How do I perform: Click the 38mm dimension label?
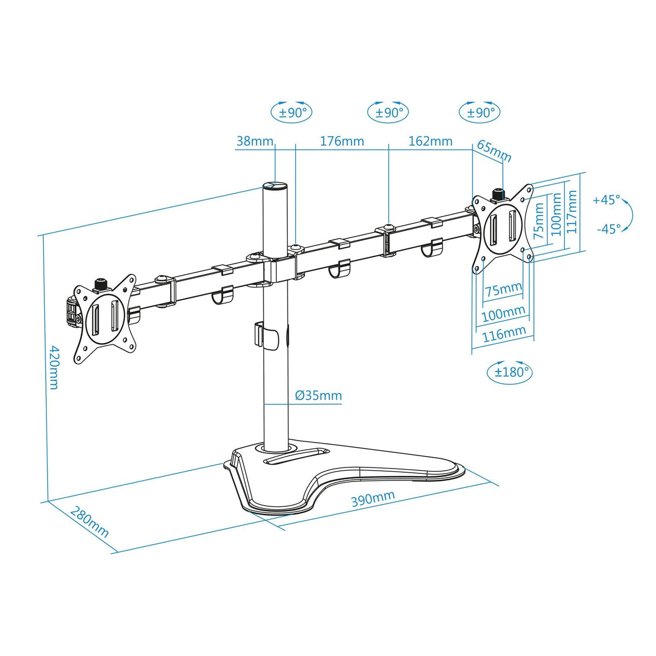[x=255, y=142]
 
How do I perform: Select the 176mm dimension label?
[x=342, y=142]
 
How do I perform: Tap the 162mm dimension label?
[x=430, y=142]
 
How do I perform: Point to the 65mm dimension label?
[x=493, y=151]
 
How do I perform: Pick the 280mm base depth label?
[x=90, y=521]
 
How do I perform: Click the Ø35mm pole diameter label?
[x=318, y=395]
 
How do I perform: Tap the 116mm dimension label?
[x=504, y=333]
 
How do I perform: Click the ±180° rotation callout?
[x=509, y=372]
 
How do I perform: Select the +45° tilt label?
[x=606, y=200]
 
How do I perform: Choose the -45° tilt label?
[x=608, y=229]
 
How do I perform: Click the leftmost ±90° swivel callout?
[x=292, y=112]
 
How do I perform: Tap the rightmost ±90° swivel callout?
[x=480, y=112]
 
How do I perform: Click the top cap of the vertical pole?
[x=275, y=186]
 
